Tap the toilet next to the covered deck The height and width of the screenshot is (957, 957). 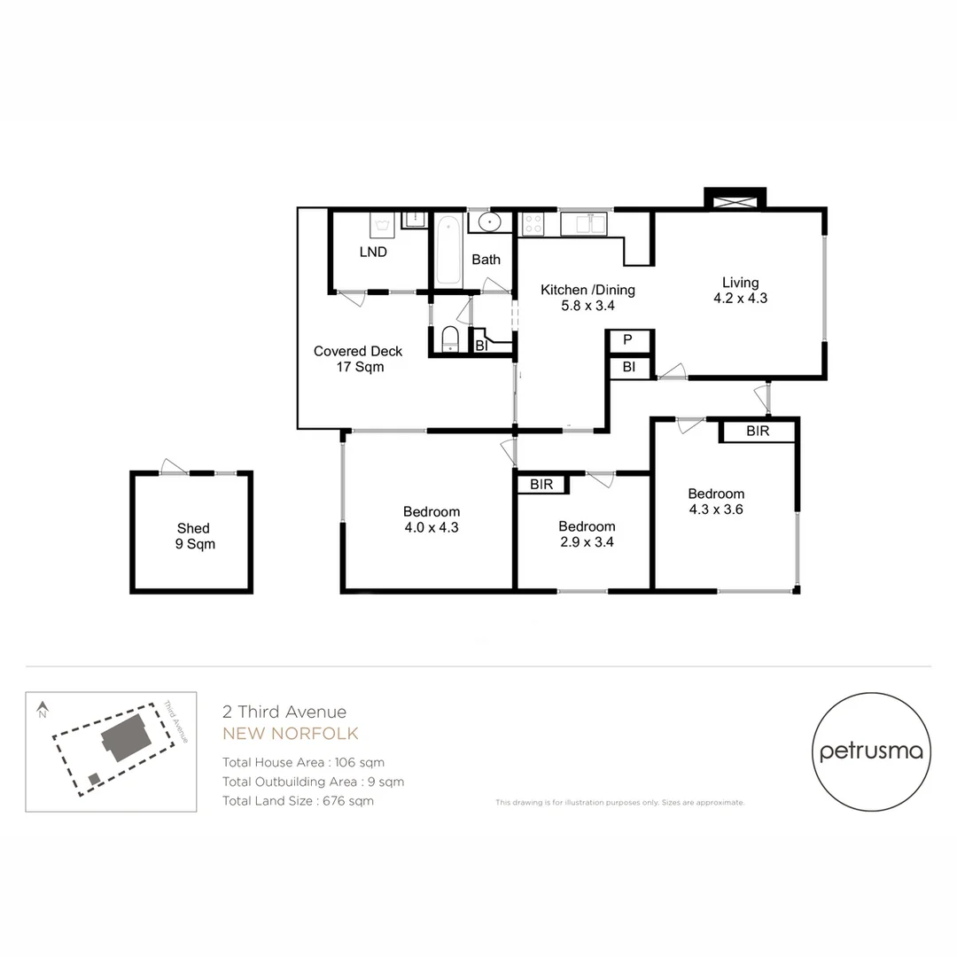pos(449,339)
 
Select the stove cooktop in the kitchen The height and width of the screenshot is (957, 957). pos(533,223)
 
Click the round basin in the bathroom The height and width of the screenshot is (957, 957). pos(488,222)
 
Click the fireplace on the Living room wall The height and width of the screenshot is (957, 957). pos(735,199)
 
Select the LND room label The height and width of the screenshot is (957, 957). pos(373,252)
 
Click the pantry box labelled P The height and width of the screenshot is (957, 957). pos(627,340)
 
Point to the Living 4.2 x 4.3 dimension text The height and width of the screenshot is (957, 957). pos(740,299)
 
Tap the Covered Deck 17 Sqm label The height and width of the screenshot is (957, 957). pos(358,359)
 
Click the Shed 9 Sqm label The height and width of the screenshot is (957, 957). pos(193,536)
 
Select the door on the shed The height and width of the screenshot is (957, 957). pos(174,468)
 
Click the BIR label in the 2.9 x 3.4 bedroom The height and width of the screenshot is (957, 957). pos(541,485)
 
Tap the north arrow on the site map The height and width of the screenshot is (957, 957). pos(42,709)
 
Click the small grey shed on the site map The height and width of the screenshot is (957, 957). pos(94,778)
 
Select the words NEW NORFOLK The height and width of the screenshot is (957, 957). pos(291,734)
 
